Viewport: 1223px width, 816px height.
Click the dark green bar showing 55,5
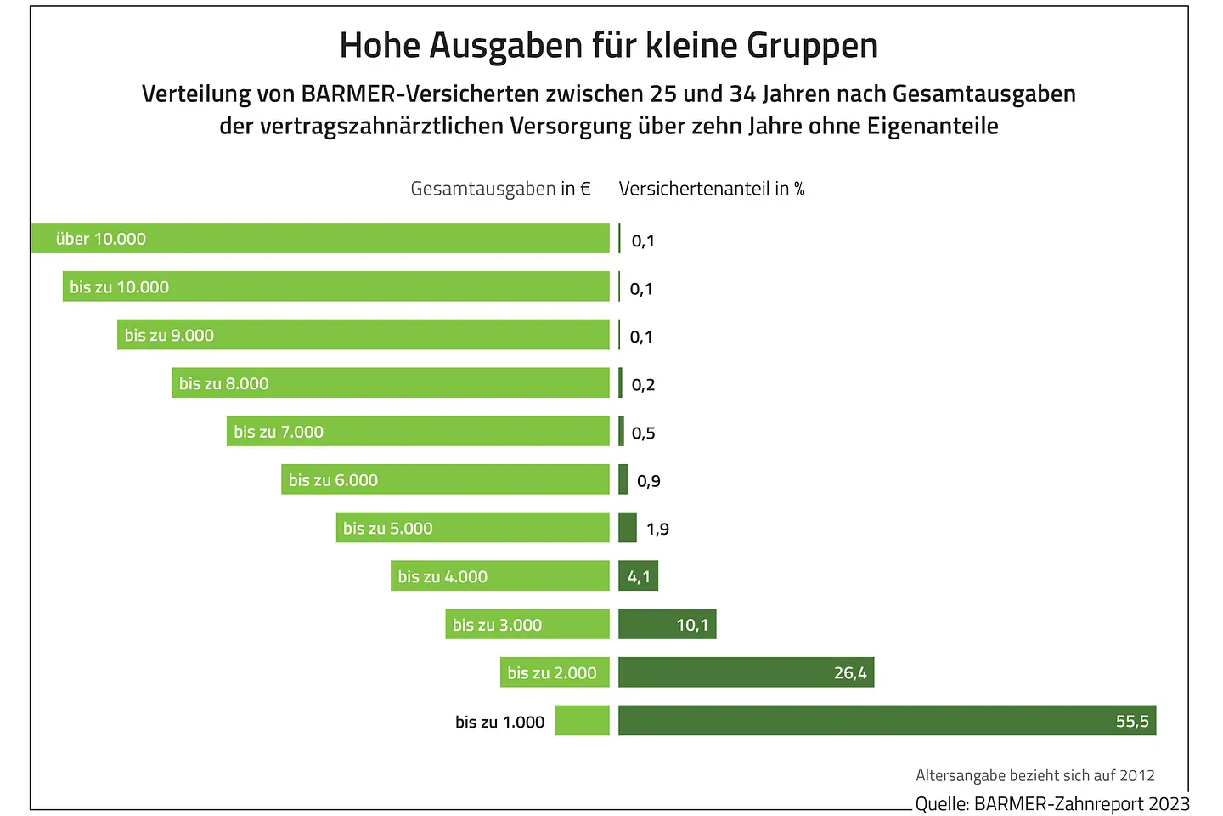tap(887, 720)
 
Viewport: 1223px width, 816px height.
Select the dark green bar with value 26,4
tap(746, 672)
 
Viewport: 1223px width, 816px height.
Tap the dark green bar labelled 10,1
tap(667, 624)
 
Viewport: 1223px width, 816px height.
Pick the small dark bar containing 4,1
tap(638, 576)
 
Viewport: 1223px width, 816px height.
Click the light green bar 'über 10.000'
tap(319, 238)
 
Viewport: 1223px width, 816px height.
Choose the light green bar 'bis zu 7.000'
tap(418, 431)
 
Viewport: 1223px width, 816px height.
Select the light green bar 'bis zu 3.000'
tap(527, 624)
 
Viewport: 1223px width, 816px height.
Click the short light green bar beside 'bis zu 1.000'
tap(582, 720)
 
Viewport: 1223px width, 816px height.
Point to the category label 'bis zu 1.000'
tap(499, 722)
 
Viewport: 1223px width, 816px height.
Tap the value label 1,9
tap(657, 529)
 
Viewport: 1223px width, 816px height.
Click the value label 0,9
tap(648, 481)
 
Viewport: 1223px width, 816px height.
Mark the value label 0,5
tap(643, 433)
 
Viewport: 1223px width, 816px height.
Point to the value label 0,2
tap(643, 385)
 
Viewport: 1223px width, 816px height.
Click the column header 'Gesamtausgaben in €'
tap(500, 189)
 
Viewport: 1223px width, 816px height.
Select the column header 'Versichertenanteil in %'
tap(712, 189)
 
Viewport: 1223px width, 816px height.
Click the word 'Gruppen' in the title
tap(812, 46)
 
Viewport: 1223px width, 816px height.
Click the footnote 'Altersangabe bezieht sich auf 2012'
tap(1035, 775)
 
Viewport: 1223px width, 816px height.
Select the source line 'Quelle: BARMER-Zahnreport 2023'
tap(1052, 803)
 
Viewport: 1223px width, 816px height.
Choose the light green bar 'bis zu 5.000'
tap(472, 528)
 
